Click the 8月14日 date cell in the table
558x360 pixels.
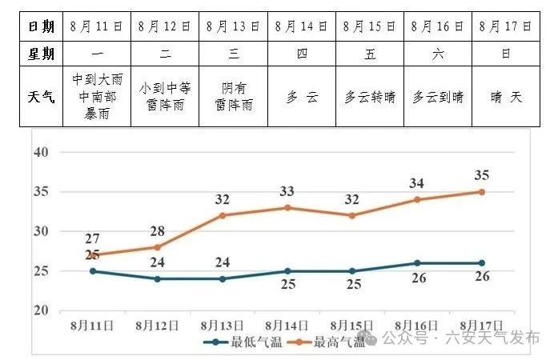pyautogui.click(x=302, y=26)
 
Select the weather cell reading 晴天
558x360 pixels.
pyautogui.click(x=506, y=98)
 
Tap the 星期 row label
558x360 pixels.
pyautogui.click(x=42, y=54)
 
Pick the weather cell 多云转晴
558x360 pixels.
pyautogui.click(x=370, y=98)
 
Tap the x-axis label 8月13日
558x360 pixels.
pyautogui.click(x=223, y=326)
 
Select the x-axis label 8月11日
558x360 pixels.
pyautogui.click(x=92, y=326)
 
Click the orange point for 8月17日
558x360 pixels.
pyautogui.click(x=482, y=192)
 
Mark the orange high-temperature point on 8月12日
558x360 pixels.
pyautogui.click(x=158, y=247)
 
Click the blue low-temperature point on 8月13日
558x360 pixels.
pyautogui.click(x=223, y=279)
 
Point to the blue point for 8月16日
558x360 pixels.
pyautogui.click(x=417, y=263)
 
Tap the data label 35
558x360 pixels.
pyautogui.click(x=482, y=176)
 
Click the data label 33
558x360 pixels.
pyautogui.click(x=287, y=192)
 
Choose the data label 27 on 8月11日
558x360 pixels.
pyautogui.click(x=93, y=239)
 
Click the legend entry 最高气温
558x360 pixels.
pyautogui.click(x=328, y=342)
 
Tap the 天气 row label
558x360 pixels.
pyautogui.click(x=42, y=98)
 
